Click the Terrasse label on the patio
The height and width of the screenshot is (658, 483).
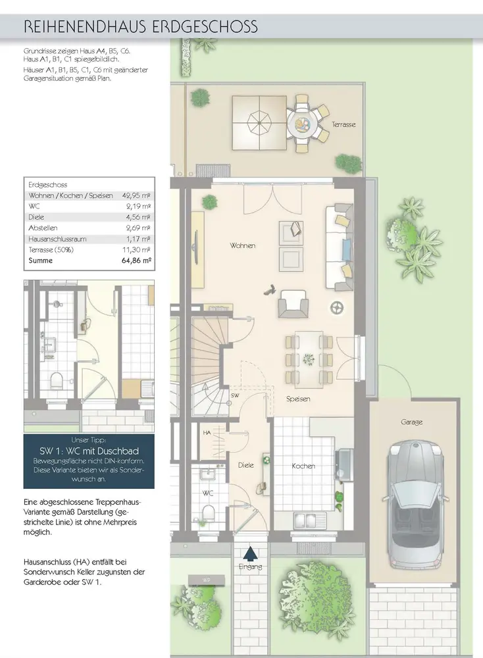click(x=343, y=124)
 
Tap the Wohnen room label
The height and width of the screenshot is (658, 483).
click(x=243, y=245)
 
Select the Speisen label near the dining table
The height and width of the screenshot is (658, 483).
click(x=298, y=399)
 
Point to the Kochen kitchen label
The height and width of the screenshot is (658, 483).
click(x=303, y=466)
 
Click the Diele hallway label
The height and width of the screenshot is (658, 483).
click(x=246, y=465)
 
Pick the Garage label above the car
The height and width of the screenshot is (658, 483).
click(x=411, y=422)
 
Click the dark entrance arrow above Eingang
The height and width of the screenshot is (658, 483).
click(x=251, y=553)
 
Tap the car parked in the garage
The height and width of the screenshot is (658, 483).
click(x=414, y=503)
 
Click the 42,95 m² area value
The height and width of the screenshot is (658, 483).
click(x=136, y=195)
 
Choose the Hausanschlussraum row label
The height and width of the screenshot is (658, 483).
click(x=57, y=240)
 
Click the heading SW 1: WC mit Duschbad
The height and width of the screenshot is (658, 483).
click(x=89, y=451)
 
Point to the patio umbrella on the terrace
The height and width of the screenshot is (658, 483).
click(x=259, y=122)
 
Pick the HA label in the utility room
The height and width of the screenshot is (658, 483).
click(x=207, y=433)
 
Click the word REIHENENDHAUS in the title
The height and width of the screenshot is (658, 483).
click(x=85, y=27)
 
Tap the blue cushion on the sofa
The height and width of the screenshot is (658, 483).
click(x=347, y=249)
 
